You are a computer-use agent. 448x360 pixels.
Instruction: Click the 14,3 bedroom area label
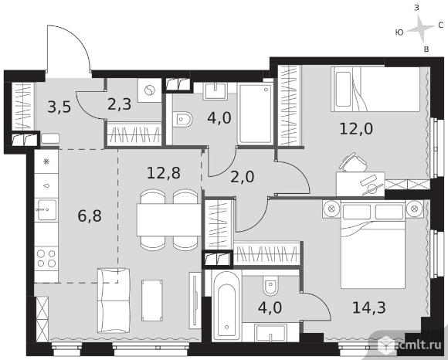coord(369,307)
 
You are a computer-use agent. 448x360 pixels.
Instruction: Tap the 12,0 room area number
coord(356,128)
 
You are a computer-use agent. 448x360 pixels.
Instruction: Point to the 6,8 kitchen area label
coord(90,216)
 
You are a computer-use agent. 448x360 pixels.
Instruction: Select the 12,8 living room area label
coord(164,173)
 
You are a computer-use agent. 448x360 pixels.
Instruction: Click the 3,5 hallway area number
coord(59,107)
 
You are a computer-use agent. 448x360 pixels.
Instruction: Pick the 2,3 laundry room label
coord(120,104)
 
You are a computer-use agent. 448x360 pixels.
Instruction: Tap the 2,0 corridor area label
coord(242,177)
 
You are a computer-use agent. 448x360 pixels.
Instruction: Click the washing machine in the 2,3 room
coord(149,90)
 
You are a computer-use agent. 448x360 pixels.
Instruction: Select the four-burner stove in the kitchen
coord(46,258)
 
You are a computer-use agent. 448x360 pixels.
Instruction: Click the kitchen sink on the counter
coord(46,209)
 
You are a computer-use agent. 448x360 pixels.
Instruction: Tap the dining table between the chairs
coord(169,219)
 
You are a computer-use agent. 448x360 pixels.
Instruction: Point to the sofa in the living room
coord(114,301)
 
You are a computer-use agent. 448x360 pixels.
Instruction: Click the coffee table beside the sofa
coord(152,301)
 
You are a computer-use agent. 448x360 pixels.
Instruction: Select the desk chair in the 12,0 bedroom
coord(353,162)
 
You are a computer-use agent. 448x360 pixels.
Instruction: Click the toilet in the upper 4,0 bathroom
coord(182,119)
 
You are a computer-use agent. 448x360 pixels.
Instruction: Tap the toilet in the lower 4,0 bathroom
coord(270,285)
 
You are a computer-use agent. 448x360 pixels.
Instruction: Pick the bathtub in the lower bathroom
coord(226,305)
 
